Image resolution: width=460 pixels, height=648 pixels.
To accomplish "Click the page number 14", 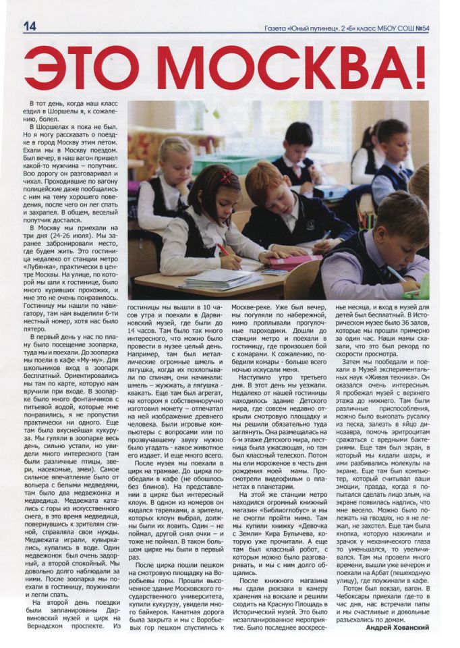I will [x=29, y=25].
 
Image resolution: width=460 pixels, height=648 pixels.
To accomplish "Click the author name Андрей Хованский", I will [x=397, y=627].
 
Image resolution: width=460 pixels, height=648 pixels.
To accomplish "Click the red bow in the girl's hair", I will [x=225, y=178].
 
